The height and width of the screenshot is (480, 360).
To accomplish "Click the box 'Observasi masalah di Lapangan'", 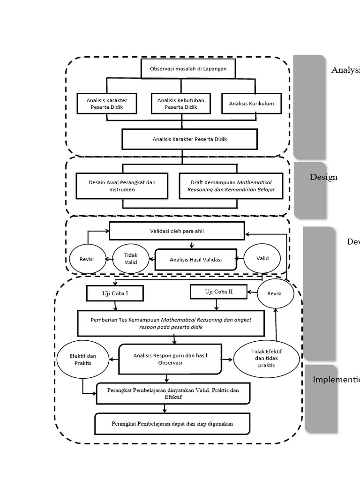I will pyautogui.click(x=188, y=68).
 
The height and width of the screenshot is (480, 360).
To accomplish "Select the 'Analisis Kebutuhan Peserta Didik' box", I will pyautogui.click(x=181, y=104).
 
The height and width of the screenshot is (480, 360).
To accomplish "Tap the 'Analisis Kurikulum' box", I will pyautogui.click(x=252, y=104).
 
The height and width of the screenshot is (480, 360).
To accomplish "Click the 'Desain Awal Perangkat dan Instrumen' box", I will pyautogui.click(x=122, y=186).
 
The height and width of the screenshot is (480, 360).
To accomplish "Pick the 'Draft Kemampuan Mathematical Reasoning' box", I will pyautogui.click(x=231, y=186).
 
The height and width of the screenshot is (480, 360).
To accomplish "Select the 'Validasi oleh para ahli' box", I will pyautogui.click(x=177, y=231).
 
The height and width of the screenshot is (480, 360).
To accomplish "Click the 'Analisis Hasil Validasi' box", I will pyautogui.click(x=196, y=259).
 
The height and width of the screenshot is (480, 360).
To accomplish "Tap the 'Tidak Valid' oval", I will pyautogui.click(x=131, y=259).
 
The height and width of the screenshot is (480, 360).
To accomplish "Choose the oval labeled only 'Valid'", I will pyautogui.click(x=262, y=258).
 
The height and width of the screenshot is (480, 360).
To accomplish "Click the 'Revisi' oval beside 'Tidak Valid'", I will pyautogui.click(x=87, y=259).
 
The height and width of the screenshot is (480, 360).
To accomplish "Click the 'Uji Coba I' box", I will pyautogui.click(x=115, y=293).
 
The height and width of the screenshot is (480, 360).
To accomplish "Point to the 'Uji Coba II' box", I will pyautogui.click(x=219, y=292).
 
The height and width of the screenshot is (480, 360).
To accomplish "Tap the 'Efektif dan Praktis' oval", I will pyautogui.click(x=82, y=360).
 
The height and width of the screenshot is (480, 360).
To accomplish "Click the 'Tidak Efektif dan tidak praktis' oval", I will pyautogui.click(x=266, y=359).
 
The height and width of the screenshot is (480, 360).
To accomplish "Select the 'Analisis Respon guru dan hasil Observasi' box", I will pyautogui.click(x=170, y=359).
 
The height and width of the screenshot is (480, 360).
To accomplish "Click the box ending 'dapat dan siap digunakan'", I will pyautogui.click(x=172, y=424).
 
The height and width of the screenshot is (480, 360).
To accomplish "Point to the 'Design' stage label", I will pyautogui.click(x=323, y=177).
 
